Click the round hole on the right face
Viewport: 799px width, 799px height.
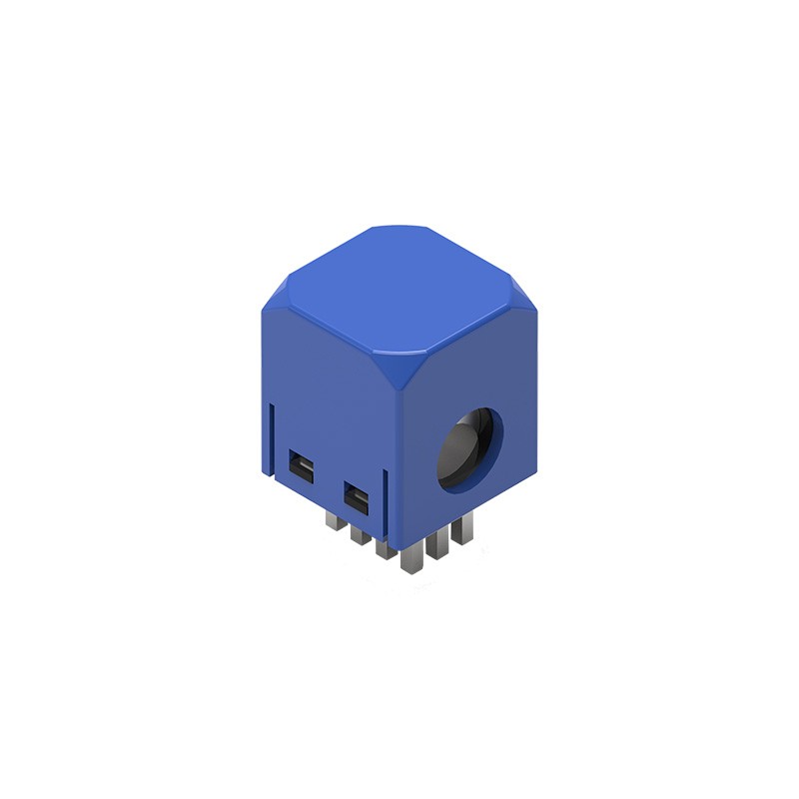[470, 448]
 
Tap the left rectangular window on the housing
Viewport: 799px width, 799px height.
[300, 464]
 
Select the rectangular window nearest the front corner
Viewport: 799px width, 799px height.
[356, 494]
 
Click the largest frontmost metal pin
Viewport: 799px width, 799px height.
[410, 561]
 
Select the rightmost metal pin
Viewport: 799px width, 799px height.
[459, 529]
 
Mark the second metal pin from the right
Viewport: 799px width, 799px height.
[435, 547]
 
